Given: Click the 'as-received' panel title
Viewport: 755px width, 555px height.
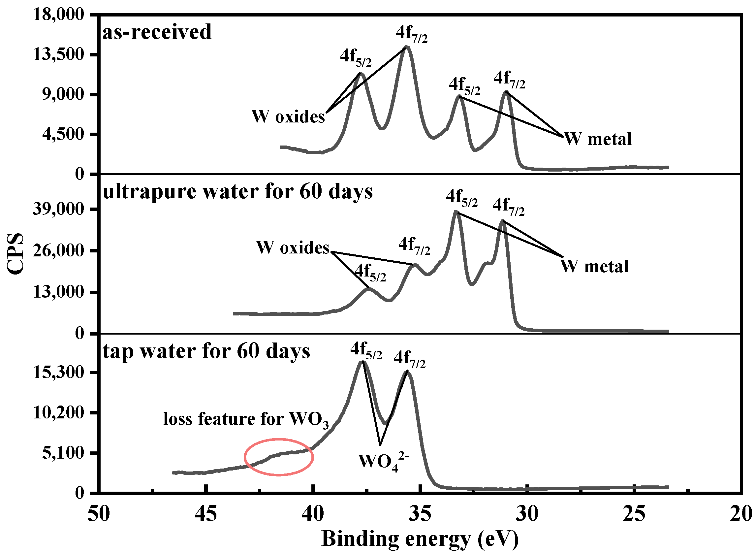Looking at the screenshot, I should point(157,32).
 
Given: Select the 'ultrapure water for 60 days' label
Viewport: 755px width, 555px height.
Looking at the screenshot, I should point(237,192).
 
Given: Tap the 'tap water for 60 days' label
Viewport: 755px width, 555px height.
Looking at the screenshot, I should point(206,351).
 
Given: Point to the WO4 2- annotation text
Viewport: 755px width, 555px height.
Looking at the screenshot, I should point(383,461).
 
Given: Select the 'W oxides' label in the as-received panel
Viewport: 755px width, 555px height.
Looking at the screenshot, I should point(288,117).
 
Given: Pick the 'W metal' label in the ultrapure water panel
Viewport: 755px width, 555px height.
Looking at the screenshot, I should point(594,266).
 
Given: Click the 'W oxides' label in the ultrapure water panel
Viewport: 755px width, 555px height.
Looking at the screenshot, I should point(293,247).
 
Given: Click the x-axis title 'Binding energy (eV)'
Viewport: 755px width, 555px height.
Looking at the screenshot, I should point(420,539).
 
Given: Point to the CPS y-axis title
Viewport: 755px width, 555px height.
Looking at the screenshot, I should point(16,254).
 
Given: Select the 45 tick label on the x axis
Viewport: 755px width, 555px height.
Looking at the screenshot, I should point(206,514).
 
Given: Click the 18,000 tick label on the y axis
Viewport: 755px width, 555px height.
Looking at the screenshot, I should point(58,15).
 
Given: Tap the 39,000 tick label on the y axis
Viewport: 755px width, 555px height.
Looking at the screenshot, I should point(58,209).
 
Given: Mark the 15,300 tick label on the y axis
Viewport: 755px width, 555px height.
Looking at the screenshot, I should point(58,372).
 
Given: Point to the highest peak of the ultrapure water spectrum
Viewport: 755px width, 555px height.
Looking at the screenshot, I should point(456,212).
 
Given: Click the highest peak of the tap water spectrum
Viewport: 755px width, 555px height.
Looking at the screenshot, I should point(362,362).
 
